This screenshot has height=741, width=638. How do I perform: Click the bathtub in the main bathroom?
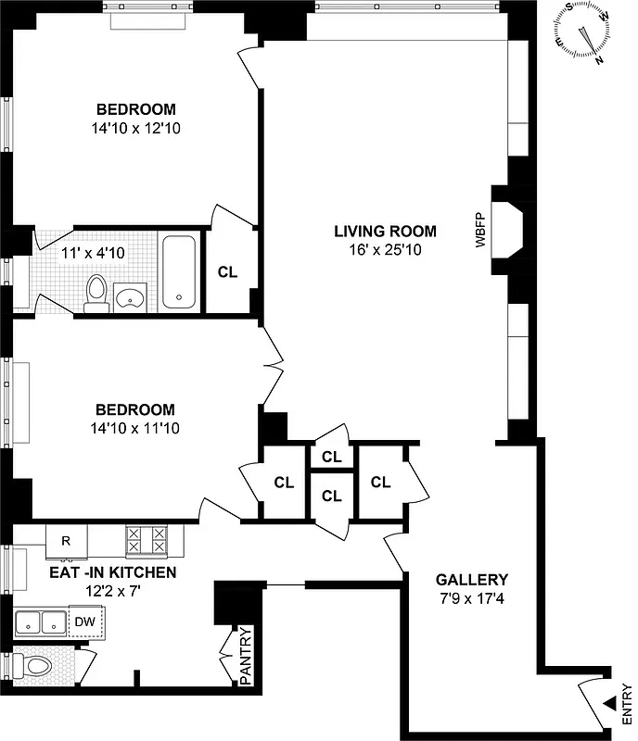pyautogui.click(x=179, y=271)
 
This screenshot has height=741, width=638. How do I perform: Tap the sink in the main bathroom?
pyautogui.click(x=130, y=297)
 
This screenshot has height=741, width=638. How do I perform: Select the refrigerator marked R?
pyautogui.click(x=67, y=541)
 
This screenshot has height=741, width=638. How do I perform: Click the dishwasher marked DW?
pyautogui.click(x=86, y=621)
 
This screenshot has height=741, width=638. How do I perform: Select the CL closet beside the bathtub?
pyautogui.click(x=227, y=272)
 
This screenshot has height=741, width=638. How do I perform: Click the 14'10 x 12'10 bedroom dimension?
pyautogui.click(x=136, y=129)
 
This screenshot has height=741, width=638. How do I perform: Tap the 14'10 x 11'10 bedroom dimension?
pyautogui.click(x=136, y=428)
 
